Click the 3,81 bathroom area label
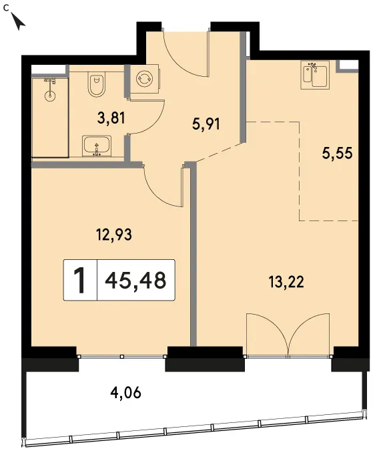coord(111,118)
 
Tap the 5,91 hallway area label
coord(206,124)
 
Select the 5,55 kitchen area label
coord(337,154)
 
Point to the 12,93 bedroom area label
coord(114,235)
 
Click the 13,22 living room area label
coord(286,282)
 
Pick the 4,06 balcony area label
coord(125,393)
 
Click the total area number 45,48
coord(135,280)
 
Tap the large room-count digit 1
coord(79,280)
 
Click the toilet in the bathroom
coord(97,84)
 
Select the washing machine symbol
coord(145,79)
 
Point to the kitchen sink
coord(315,75)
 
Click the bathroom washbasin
coord(97,146)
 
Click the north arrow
coord(18,21)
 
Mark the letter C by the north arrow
coord(6,7)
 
